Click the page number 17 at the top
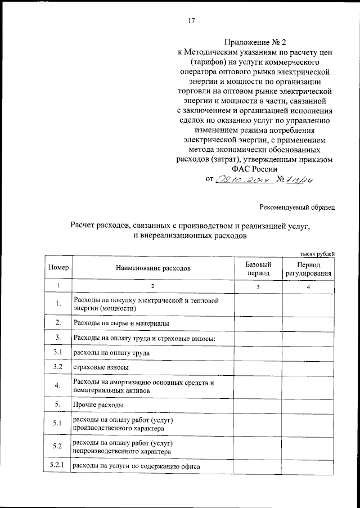click(x=191, y=21)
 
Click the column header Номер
click(x=58, y=268)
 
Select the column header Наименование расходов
click(x=154, y=268)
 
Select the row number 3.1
click(x=58, y=353)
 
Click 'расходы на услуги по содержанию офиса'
click(x=137, y=466)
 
